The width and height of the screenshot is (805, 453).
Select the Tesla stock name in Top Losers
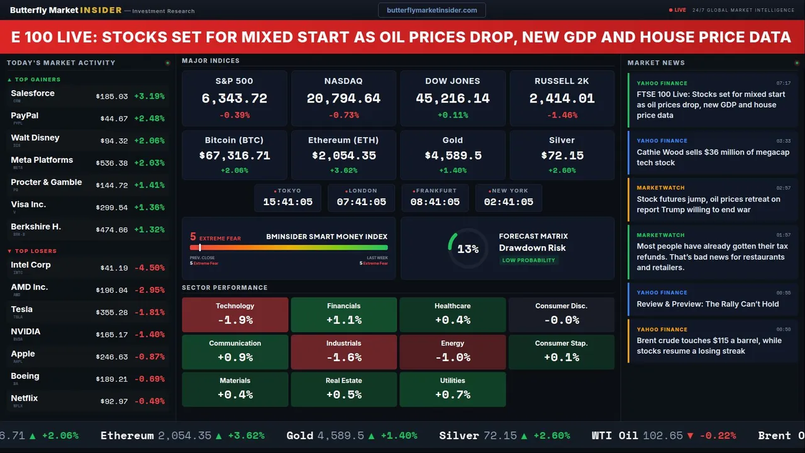22,309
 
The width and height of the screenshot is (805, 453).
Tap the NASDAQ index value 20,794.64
343,99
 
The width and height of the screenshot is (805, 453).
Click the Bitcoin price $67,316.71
235,155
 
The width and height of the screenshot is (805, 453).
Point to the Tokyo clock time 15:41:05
288,202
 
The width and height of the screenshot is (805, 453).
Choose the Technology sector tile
235,314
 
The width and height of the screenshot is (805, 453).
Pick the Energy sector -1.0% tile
453,352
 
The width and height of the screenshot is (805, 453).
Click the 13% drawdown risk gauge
468,249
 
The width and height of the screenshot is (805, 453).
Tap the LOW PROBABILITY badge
528,260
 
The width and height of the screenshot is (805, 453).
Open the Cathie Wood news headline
713,157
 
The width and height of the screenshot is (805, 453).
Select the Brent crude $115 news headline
709,345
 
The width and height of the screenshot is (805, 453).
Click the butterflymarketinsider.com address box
432,10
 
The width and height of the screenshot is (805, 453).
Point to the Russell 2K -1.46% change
562,115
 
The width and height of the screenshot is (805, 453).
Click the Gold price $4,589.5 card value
453,155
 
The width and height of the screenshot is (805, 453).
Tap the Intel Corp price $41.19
114,268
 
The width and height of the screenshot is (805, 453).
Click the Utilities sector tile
453,389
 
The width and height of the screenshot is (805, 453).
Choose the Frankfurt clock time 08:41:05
435,202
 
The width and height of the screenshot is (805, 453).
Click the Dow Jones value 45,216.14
453,99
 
